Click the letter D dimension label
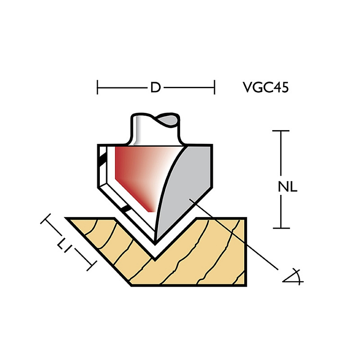(x=156, y=87)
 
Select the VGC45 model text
(x=265, y=87)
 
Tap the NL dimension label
(x=288, y=187)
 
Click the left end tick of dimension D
(x=97, y=87)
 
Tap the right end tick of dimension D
(x=214, y=87)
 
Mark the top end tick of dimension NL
(x=281, y=131)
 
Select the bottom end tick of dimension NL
(x=281, y=228)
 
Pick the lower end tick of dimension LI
(x=92, y=265)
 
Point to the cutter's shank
(x=155, y=129)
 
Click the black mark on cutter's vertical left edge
(x=103, y=159)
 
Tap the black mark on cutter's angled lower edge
(x=126, y=208)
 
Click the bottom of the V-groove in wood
(x=155, y=260)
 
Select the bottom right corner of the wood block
(x=246, y=286)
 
